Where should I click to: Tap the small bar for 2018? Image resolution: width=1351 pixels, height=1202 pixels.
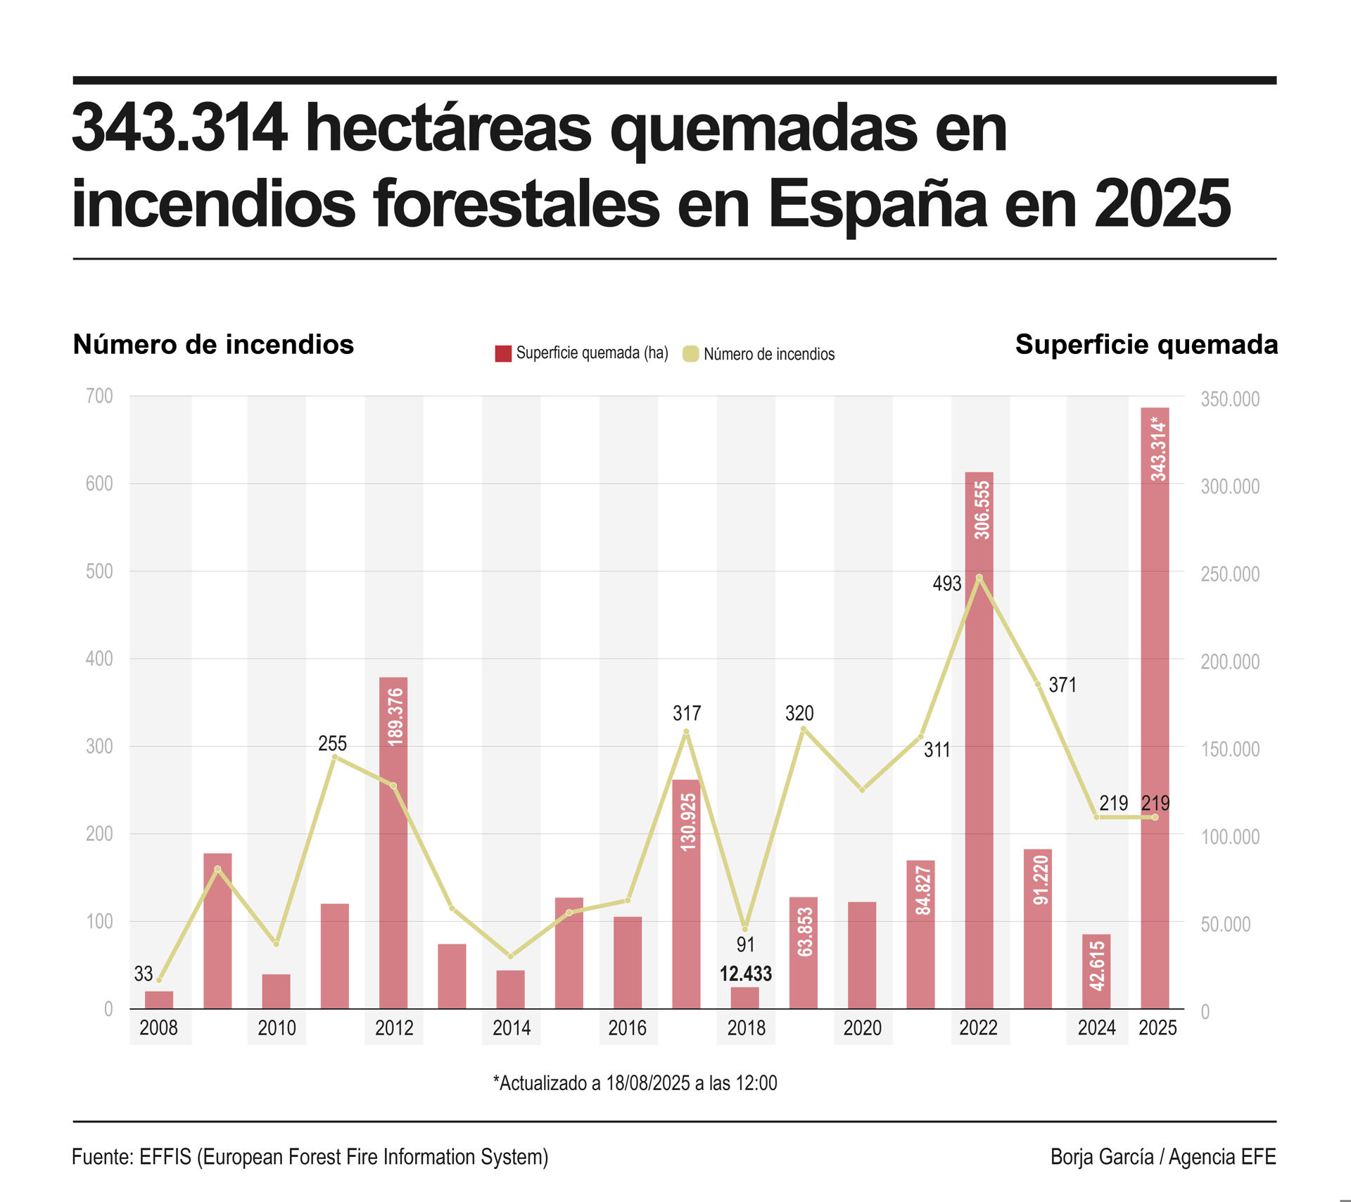[744, 998]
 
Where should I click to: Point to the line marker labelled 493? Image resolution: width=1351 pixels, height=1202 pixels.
[979, 578]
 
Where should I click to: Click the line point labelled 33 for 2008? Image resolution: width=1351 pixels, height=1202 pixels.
[159, 980]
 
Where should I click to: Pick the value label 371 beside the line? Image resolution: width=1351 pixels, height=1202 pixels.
[1063, 685]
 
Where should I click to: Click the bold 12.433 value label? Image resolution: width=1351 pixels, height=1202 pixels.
[745, 974]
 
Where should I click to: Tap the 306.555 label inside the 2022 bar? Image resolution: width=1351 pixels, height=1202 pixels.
[982, 510]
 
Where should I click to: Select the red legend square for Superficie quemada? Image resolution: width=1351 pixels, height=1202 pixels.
[503, 353]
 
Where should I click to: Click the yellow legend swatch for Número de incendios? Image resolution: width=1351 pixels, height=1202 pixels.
[691, 354]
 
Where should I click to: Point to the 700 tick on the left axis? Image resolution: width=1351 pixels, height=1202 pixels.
[99, 396]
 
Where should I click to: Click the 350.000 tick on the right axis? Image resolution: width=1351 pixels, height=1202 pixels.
[1229, 399]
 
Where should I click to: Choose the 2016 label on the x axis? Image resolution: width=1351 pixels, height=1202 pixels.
[627, 1028]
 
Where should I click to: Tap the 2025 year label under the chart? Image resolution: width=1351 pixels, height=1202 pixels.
[1157, 1028]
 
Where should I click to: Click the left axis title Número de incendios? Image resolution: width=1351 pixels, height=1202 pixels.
[213, 345]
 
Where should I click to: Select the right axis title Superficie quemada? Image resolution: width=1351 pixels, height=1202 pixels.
[1146, 345]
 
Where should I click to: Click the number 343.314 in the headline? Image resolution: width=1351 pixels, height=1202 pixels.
[180, 128]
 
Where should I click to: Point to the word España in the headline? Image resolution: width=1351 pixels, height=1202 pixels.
[878, 204]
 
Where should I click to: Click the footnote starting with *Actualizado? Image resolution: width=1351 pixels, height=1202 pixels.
[635, 1083]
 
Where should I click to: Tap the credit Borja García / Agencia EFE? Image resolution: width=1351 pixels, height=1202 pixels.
[1162, 1157]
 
